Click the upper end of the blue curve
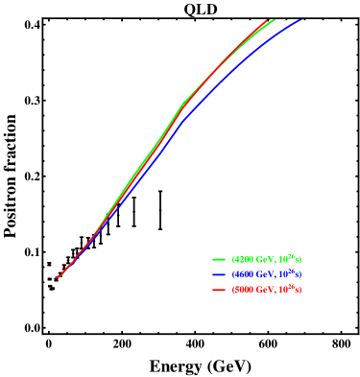coord(300,20)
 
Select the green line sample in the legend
coord(219,259)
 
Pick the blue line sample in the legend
coord(219,274)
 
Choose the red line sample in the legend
coord(219,290)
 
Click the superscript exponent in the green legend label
coord(293,256)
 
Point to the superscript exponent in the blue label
coord(293,271)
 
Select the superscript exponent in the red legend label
coord(293,287)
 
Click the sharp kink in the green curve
coord(183,103)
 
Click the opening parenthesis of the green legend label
coord(233,259)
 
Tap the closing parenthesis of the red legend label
coord(300,290)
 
